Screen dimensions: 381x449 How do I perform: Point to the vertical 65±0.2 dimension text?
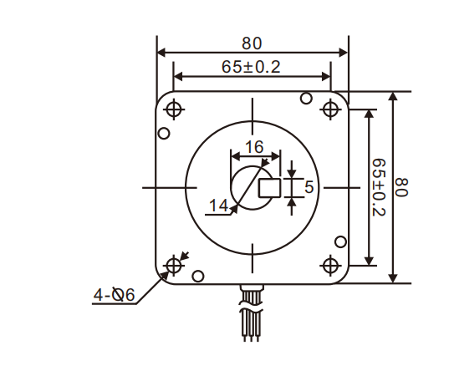coord(378,187)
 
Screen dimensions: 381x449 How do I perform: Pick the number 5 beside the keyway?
coord(309,187)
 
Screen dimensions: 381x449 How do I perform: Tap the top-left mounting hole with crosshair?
coord(175,109)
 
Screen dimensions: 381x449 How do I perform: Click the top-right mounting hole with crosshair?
coord(330,109)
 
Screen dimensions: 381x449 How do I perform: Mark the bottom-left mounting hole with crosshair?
coord(175,266)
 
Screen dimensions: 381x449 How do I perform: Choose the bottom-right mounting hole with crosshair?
coord(330,266)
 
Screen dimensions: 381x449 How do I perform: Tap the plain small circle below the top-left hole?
coord(165,133)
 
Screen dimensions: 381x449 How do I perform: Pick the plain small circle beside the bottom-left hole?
coord(198,276)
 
